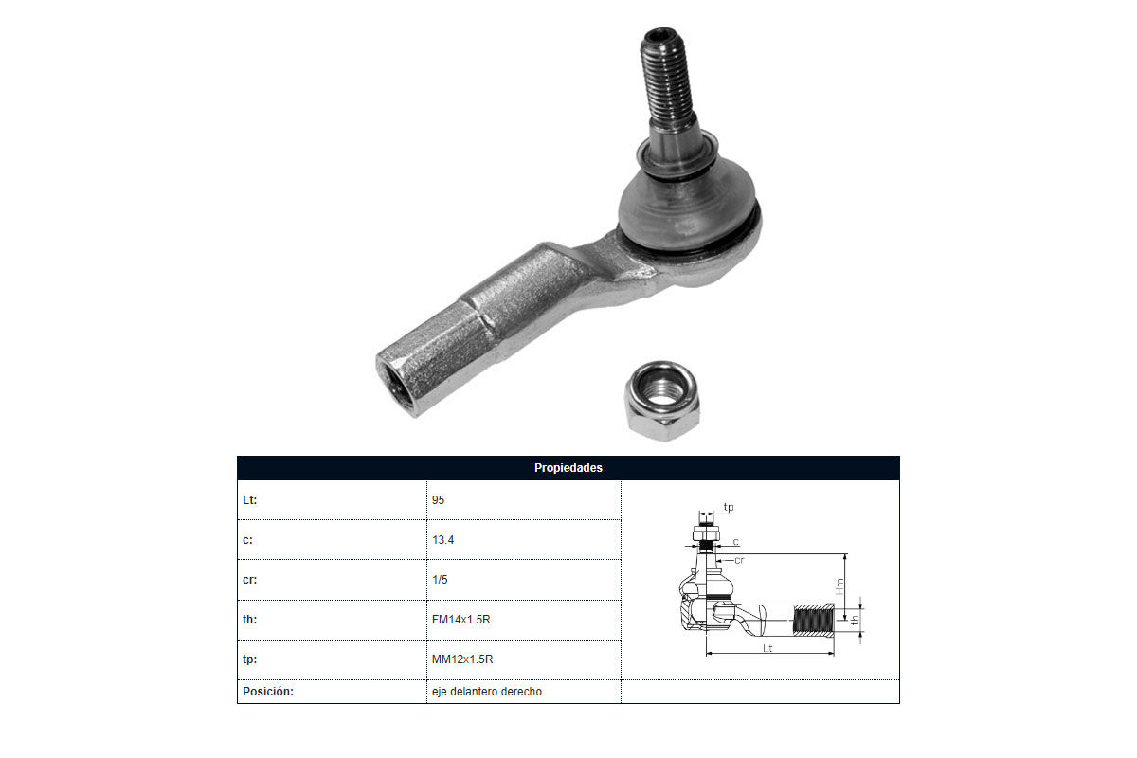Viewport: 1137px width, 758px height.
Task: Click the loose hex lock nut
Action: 662,401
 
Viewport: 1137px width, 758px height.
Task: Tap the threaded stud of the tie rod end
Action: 667,81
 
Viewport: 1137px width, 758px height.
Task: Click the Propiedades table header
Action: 568,468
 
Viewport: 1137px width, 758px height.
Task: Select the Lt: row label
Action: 250,500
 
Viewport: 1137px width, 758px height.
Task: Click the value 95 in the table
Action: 438,500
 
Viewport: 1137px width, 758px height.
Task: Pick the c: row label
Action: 247,540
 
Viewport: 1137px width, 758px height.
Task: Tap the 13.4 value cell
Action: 443,540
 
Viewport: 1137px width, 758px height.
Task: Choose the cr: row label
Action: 250,579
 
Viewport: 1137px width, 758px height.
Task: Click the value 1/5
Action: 440,579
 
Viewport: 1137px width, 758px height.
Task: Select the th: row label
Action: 250,619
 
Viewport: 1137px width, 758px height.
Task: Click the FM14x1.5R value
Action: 460,620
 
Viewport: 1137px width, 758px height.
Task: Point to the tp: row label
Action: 250,659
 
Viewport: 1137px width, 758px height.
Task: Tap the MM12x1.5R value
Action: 462,659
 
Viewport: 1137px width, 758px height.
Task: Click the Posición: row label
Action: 268,692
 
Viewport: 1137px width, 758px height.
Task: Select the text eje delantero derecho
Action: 487,692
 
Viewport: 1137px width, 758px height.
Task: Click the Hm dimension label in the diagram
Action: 839,587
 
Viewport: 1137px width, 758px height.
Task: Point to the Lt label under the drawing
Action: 767,648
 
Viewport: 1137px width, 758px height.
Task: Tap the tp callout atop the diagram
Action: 729,507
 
